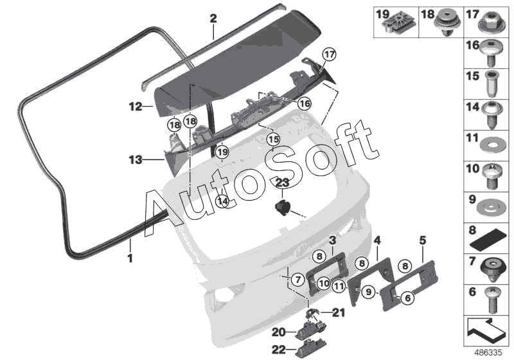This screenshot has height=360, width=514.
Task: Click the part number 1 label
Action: tap(130, 259)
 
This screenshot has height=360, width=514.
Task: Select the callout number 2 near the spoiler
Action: tap(213, 19)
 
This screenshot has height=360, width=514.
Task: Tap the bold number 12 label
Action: tap(135, 107)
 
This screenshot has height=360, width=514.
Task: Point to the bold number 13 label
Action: tap(135, 157)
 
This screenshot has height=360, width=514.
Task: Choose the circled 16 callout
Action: tap(303, 103)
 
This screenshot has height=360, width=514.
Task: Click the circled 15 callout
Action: tap(274, 139)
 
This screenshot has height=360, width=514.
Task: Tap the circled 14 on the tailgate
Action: tap(222, 201)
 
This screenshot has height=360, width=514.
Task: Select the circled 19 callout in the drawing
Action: tap(222, 152)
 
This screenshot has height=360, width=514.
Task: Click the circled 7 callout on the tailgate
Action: tap(297, 280)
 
